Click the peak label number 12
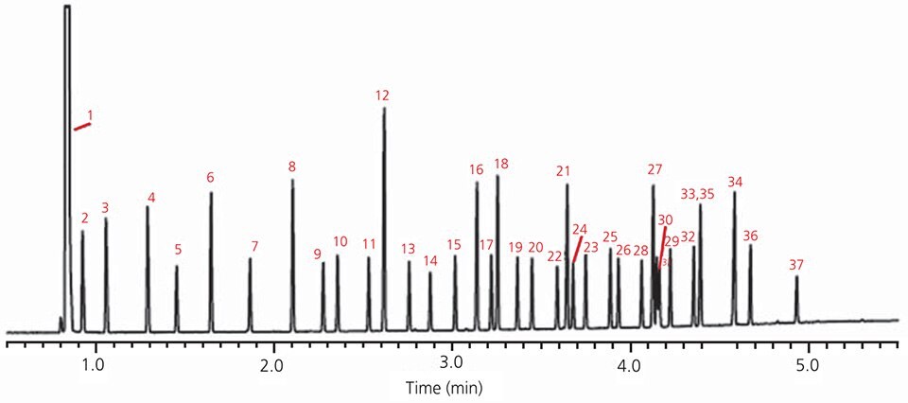382,96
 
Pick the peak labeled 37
796,301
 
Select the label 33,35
697,194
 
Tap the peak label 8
292,167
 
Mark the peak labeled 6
211,255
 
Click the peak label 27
655,169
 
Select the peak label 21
564,171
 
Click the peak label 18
501,165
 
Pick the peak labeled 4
148,265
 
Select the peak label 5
178,250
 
